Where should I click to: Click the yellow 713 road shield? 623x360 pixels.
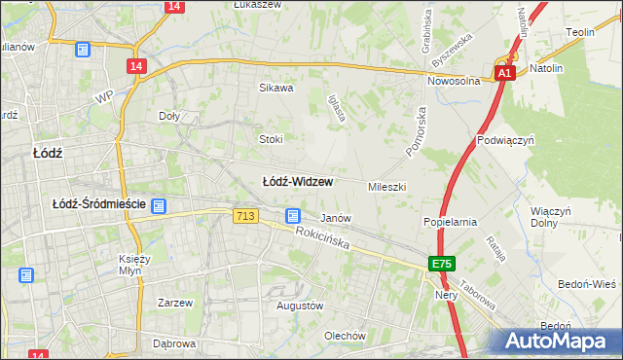tap(246, 216)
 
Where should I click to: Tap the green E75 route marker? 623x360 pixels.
tap(442, 264)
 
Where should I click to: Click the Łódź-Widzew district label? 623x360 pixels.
tap(298, 182)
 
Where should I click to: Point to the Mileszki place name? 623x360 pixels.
tap(386, 186)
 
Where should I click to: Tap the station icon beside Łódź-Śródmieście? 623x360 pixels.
tap(159, 206)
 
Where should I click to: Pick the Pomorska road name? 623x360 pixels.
tap(417, 128)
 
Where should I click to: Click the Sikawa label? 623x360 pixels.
tap(275, 88)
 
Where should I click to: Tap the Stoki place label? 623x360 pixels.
tap(271, 139)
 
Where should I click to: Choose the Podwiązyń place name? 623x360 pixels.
tap(506, 140)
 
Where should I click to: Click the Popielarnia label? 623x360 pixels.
tap(450, 222)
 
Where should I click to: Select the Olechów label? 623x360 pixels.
tap(345, 336)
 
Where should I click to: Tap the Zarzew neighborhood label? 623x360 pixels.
tap(175, 303)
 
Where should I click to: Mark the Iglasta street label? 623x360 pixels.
tap(338, 108)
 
